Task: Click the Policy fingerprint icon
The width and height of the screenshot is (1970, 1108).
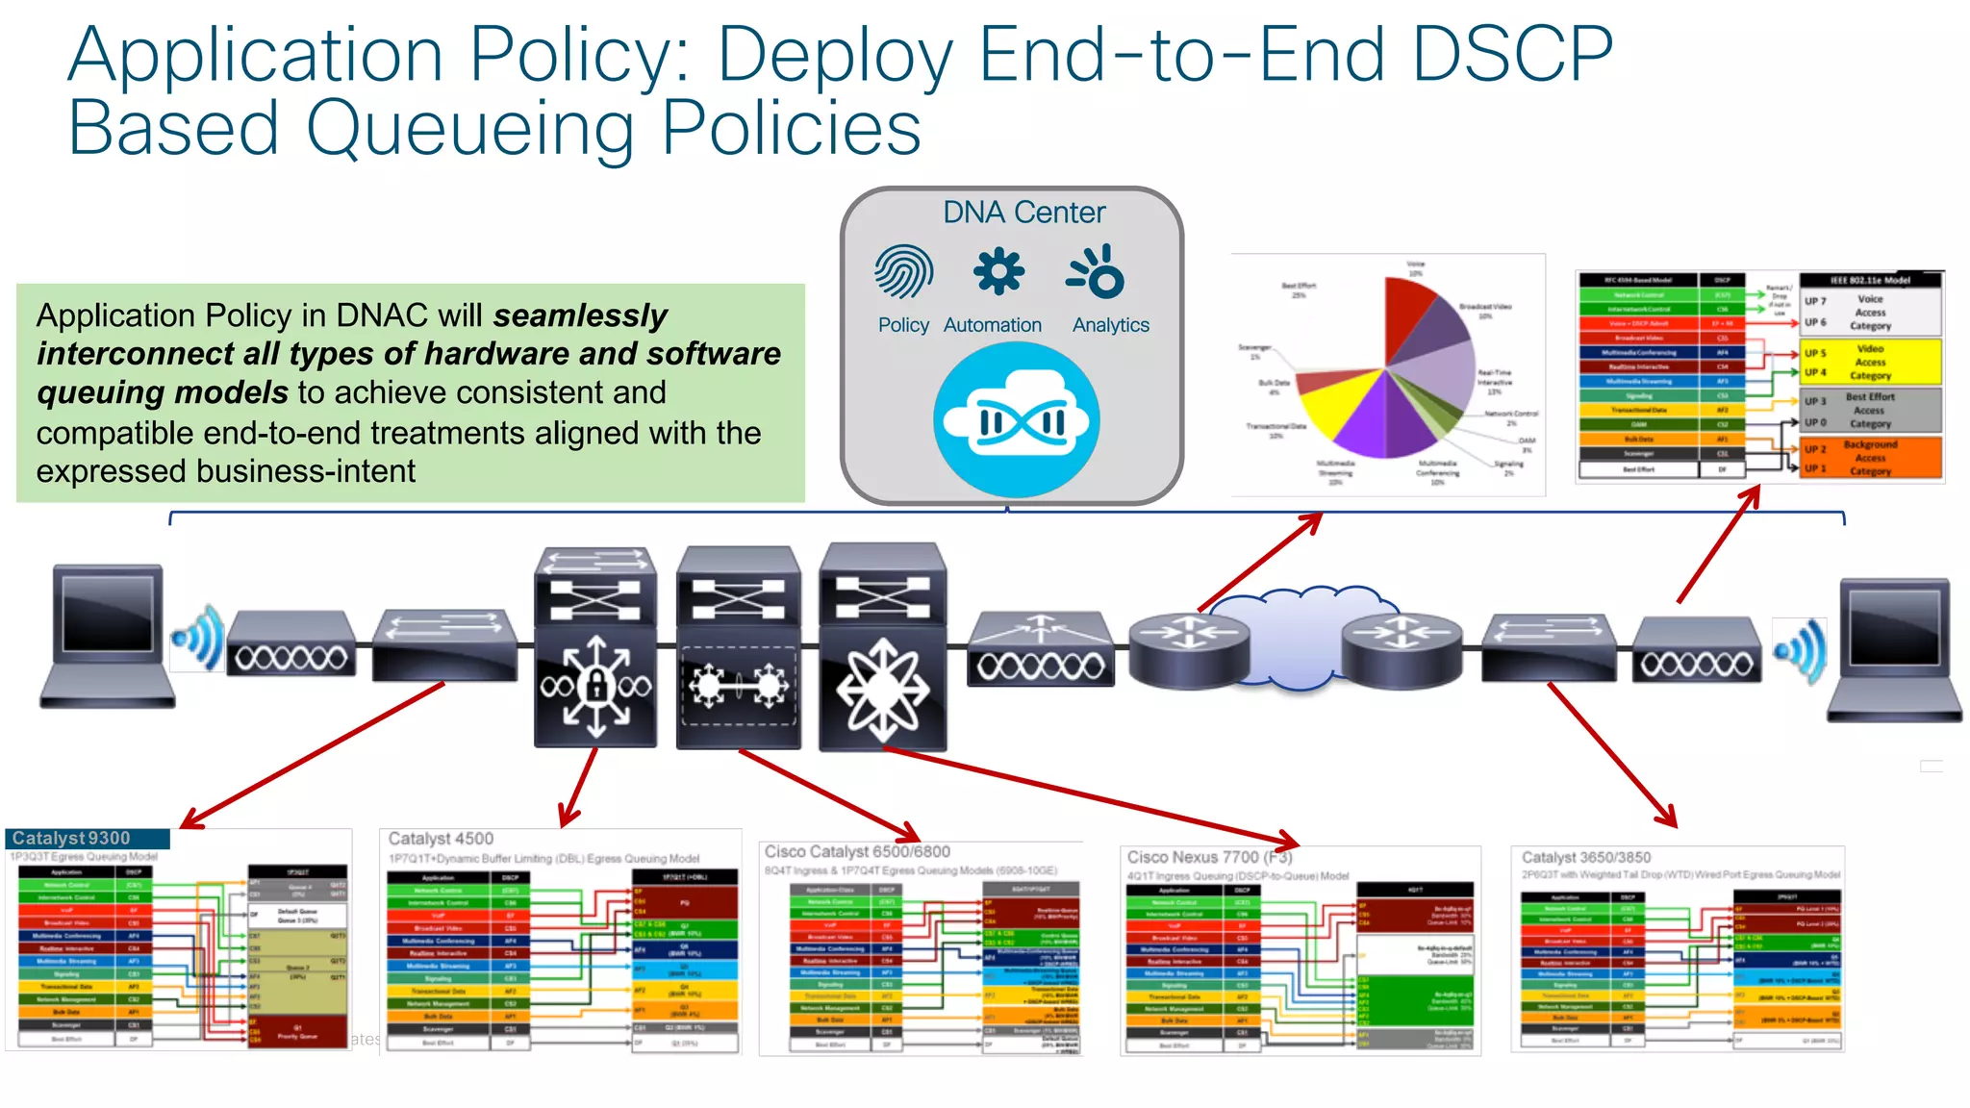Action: (903, 271)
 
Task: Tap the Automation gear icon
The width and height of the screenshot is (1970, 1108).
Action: (998, 271)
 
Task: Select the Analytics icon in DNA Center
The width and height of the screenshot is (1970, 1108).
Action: (1098, 272)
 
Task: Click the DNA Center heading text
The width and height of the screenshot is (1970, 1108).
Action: (1023, 213)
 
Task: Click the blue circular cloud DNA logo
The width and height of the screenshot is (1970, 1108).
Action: (1017, 420)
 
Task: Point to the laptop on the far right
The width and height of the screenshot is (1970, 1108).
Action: (1894, 649)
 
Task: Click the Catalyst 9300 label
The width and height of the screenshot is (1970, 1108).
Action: (71, 839)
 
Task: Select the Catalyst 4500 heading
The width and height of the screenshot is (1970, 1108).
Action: (441, 839)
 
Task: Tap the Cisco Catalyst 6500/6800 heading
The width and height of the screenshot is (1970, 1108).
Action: (857, 851)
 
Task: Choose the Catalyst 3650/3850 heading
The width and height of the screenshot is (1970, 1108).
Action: (1586, 857)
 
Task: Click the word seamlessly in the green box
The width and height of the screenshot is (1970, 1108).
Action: (580, 315)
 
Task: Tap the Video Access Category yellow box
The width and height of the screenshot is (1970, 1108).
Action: (1870, 363)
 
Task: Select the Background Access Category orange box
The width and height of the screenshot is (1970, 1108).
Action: (1870, 458)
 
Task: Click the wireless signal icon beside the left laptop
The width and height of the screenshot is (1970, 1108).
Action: (199, 638)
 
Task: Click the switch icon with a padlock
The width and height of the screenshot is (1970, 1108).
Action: (595, 685)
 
